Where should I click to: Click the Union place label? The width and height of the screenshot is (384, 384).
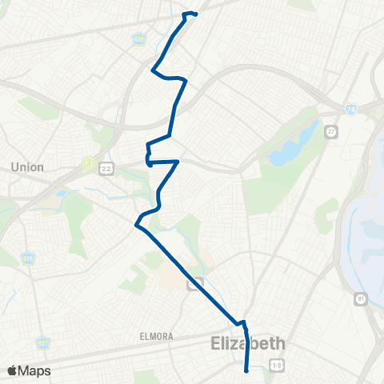click(27, 167)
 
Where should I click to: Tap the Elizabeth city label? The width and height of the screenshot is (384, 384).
click(248, 344)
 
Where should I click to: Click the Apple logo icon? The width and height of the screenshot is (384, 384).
click(12, 370)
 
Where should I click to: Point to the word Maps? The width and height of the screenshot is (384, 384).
click(35, 370)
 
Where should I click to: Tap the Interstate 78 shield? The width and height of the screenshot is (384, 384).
click(351, 108)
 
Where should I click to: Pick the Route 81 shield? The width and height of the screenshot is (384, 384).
click(361, 298)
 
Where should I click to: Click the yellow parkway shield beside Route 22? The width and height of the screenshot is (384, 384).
click(87, 162)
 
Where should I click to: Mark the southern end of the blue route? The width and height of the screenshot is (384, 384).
click(246, 370)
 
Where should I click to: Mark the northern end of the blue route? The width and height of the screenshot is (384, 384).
click(195, 14)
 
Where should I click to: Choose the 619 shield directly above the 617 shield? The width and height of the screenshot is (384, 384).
click(30, 258)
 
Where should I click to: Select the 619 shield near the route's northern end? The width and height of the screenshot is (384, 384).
click(138, 38)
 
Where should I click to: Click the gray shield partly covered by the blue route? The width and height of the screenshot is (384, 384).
click(201, 282)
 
